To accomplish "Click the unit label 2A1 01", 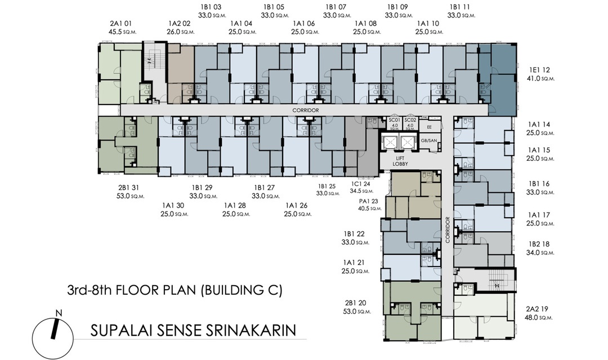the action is tap(120, 24).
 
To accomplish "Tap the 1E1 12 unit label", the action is tap(539, 70).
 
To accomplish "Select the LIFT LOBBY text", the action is tap(400, 161).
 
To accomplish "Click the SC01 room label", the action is tap(394, 120).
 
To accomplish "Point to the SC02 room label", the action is tap(410, 120).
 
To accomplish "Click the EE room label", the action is tap(429, 127).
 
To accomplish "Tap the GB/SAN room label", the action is tap(429, 140).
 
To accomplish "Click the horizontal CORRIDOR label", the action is tap(306, 110).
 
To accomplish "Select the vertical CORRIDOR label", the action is tap(448, 230).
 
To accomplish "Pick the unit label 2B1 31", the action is tap(128, 188).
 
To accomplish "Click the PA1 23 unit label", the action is tap(368, 201).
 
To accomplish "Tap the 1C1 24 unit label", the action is tap(361, 184).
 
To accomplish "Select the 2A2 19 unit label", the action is tap(537, 309).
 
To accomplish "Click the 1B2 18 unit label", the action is tap(539, 244).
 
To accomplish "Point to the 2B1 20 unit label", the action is tap(355, 303).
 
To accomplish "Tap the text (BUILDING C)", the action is tap(241, 290).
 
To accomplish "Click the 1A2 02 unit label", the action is tap(180, 24).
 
